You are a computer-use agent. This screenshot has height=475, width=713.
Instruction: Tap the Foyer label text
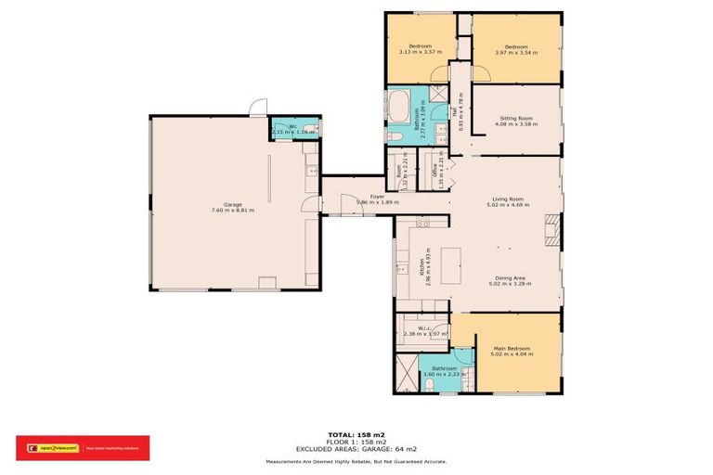click(378, 197)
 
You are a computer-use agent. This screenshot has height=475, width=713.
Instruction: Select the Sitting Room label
click(515, 119)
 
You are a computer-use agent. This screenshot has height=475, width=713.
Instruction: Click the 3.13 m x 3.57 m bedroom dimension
click(419, 52)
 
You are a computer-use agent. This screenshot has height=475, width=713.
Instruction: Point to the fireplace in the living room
click(552, 231)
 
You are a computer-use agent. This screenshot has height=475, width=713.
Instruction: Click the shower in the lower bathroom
click(406, 375)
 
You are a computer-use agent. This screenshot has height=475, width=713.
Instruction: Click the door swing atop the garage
click(261, 107)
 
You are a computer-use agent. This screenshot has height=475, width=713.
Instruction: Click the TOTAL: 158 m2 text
click(356, 434)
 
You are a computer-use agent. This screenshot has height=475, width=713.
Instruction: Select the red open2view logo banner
click(82, 448)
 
